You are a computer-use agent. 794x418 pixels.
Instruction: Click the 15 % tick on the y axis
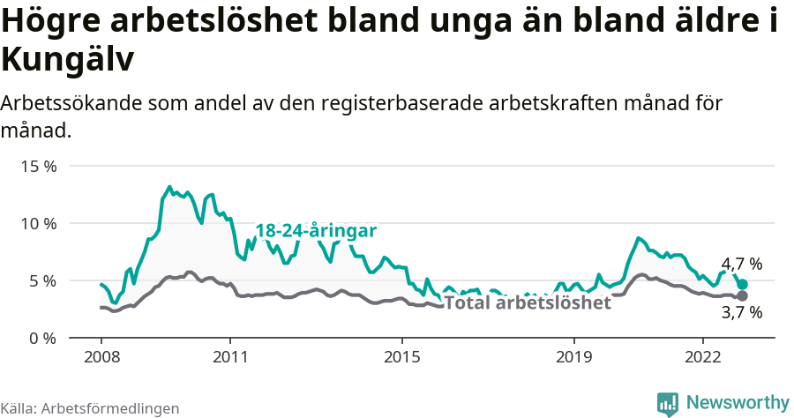[38, 166]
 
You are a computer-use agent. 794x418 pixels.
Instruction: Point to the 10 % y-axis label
[38, 223]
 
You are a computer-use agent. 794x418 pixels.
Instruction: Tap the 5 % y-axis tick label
[42, 280]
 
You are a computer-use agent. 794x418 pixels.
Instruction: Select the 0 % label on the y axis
[42, 338]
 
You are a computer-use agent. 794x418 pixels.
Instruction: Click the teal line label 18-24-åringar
[316, 230]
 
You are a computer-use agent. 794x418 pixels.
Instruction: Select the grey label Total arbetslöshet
[527, 303]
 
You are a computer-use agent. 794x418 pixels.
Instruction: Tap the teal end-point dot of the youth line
[743, 285]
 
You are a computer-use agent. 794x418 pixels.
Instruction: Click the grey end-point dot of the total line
[743, 296]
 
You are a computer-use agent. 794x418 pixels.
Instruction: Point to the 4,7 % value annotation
[741, 264]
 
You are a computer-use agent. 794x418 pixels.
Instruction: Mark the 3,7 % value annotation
[741, 312]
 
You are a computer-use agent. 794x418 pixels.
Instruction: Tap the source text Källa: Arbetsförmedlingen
[90, 408]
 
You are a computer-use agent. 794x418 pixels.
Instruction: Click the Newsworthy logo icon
[668, 404]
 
